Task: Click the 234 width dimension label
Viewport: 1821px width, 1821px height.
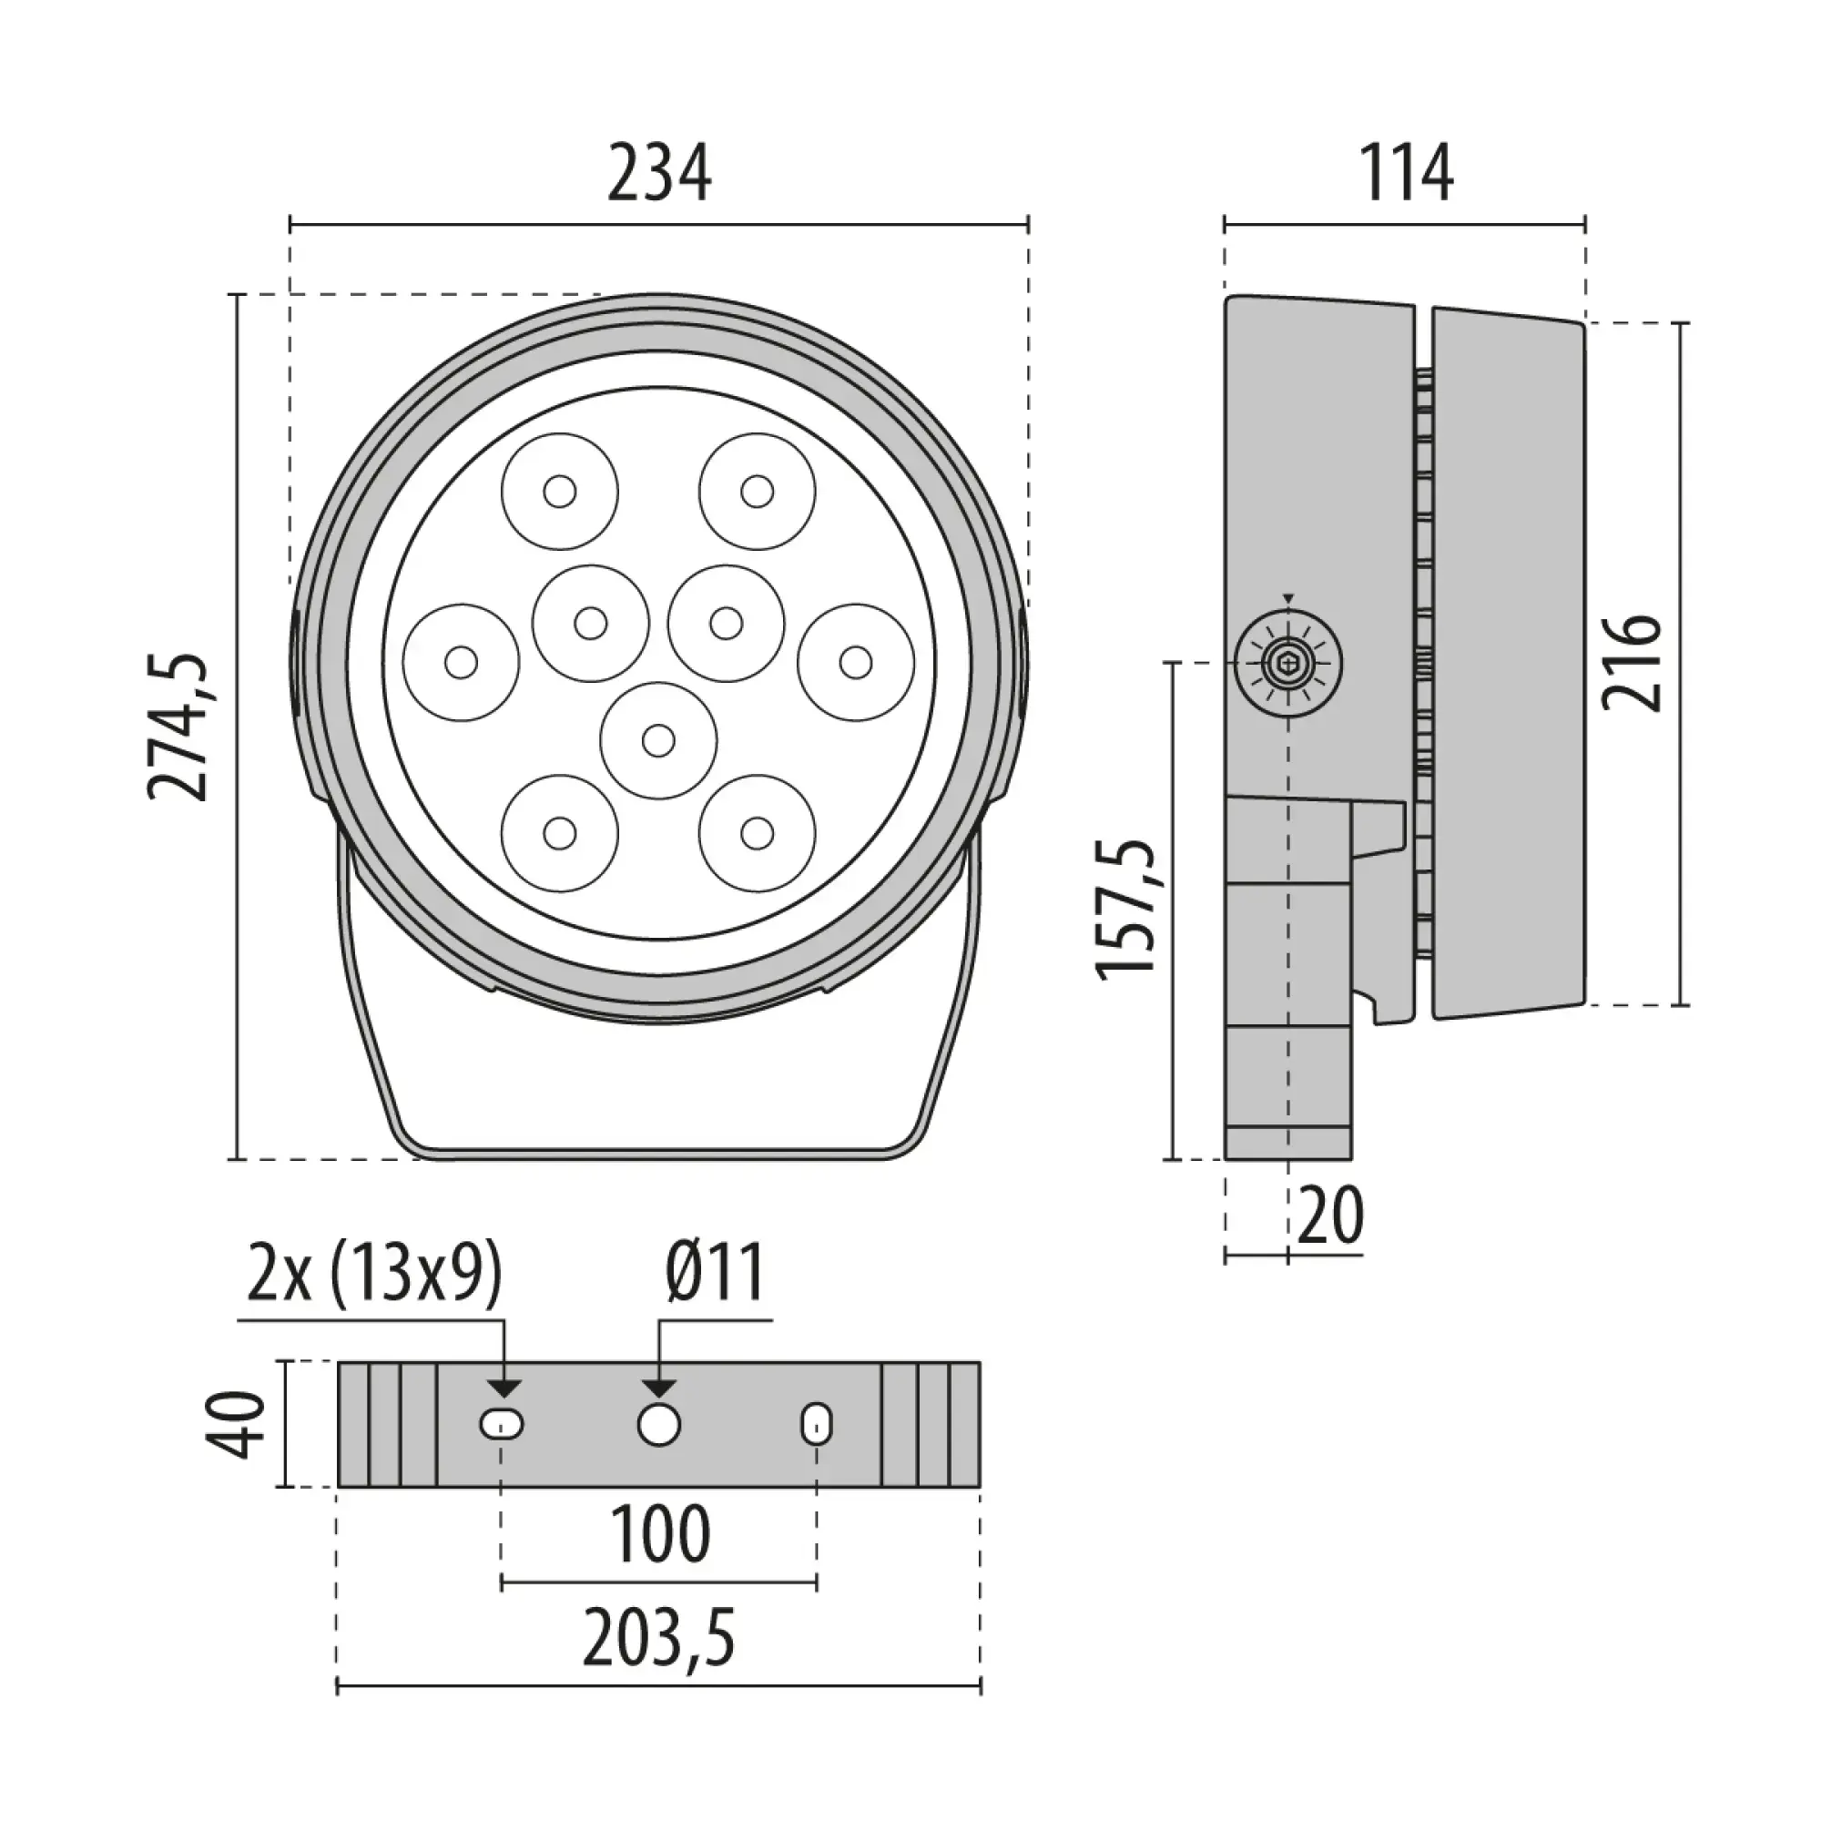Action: (x=658, y=175)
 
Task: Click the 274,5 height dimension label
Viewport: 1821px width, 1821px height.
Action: (x=178, y=727)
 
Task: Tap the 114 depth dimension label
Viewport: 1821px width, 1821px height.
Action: (x=1404, y=175)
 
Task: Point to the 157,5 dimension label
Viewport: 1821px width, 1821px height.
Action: (x=1127, y=910)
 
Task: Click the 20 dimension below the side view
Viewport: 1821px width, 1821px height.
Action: (x=1331, y=1216)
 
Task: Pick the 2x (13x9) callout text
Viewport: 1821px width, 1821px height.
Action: (x=374, y=1275)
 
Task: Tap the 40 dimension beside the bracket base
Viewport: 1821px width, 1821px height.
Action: (x=234, y=1424)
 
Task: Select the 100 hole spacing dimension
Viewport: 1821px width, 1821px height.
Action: (x=659, y=1535)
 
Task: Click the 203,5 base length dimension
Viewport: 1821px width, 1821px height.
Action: (x=659, y=1640)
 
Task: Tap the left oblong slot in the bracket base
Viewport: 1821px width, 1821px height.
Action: (x=503, y=1424)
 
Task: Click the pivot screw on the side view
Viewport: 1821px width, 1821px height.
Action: (x=1288, y=665)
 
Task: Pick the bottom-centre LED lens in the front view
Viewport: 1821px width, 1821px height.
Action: (x=658, y=740)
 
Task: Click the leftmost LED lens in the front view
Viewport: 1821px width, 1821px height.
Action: (x=461, y=663)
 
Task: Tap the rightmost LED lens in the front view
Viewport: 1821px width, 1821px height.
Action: (x=856, y=663)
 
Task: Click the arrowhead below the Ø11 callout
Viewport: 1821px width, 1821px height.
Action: (x=658, y=1388)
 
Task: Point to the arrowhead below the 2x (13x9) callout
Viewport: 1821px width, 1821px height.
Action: (x=505, y=1388)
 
